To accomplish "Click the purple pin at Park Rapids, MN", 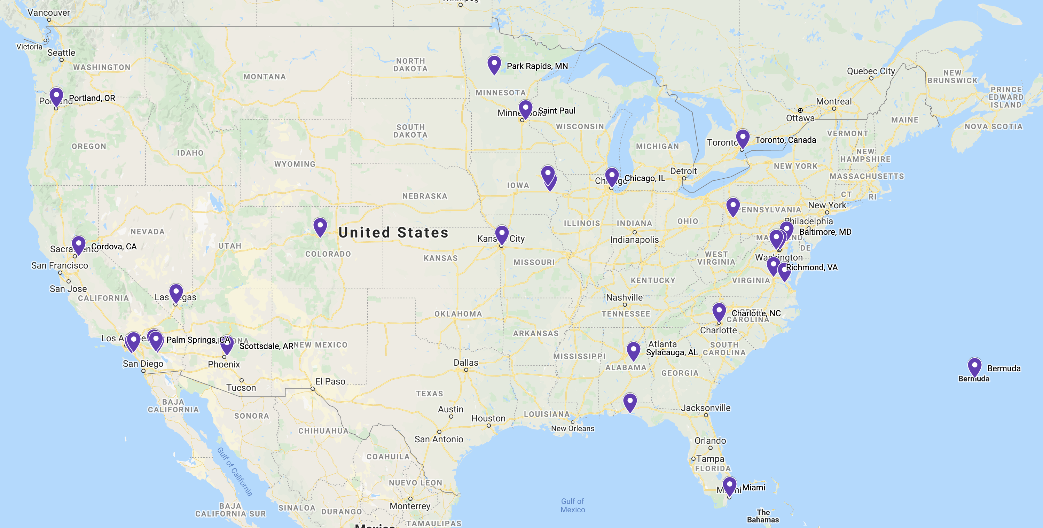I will pos(494,64).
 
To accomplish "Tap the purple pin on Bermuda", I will pos(974,366).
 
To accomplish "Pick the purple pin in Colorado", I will pos(320,226).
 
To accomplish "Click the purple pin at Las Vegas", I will pos(176,292).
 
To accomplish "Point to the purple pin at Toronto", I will pos(743,138).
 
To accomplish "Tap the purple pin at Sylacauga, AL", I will pos(633,350).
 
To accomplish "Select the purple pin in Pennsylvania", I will pos(733,206).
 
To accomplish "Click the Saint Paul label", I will pos(556,111).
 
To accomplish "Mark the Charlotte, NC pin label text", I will pos(756,313).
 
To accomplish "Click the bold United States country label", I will pos(393,233).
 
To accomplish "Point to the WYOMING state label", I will pos(295,164).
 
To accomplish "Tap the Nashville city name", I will pos(624,297).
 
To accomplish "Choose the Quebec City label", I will pos(871,71).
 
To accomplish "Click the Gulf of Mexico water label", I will pos(573,505).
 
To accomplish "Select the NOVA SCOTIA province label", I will pos(993,126).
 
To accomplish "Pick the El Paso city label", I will pos(330,381).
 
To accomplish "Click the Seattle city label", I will pos(61,53).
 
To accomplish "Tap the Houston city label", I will pos(488,418).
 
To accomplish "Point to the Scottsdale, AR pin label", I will pos(266,346).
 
